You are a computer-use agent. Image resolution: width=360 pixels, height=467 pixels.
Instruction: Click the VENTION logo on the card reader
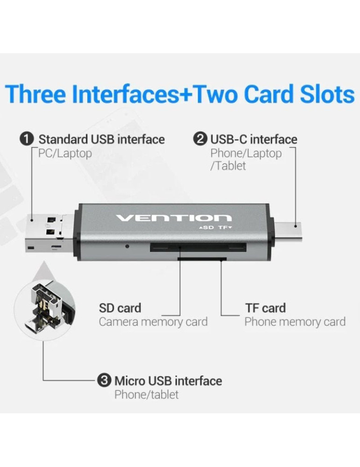click(x=173, y=218)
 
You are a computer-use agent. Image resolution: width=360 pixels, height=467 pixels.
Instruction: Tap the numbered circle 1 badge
click(x=27, y=139)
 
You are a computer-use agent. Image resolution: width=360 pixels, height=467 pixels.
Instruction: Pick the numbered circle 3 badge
click(x=104, y=380)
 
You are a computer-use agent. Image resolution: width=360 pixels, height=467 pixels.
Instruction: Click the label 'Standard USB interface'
click(x=101, y=139)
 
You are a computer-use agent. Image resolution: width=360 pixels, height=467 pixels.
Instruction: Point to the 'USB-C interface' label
click(x=254, y=139)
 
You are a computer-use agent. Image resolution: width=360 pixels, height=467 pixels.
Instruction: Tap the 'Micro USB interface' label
click(x=168, y=381)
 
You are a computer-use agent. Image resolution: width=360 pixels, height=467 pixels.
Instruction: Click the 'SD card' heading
click(x=120, y=308)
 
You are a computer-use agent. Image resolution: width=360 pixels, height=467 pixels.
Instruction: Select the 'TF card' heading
click(x=265, y=308)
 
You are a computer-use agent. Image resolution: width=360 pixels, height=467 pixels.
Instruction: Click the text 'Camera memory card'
click(x=153, y=322)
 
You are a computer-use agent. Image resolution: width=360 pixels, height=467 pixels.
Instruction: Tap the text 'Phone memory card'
click(x=295, y=322)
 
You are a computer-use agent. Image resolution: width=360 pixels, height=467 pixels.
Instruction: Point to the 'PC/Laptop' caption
click(x=65, y=153)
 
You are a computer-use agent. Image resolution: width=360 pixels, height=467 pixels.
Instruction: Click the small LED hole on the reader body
click(x=127, y=245)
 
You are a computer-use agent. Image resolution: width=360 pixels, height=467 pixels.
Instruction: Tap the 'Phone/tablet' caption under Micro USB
click(x=146, y=395)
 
